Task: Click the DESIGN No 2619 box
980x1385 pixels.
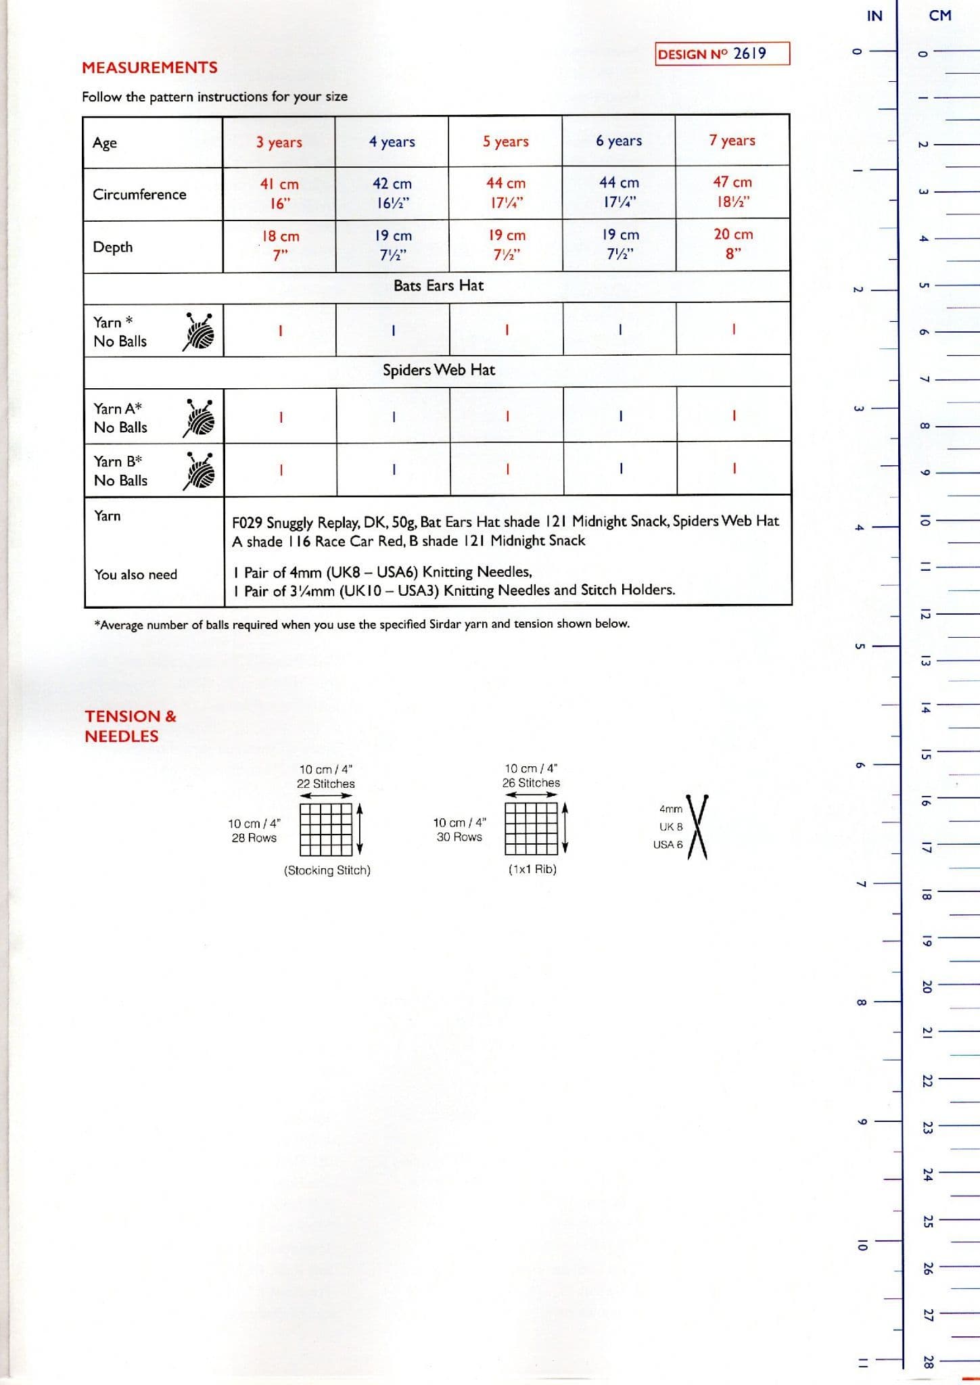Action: click(722, 53)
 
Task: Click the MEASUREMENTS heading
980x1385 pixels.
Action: click(149, 68)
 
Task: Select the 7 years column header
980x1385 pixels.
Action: click(732, 141)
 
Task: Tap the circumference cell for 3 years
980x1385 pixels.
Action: click(279, 193)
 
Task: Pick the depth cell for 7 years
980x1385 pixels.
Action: click(732, 244)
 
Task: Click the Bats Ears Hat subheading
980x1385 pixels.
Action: click(438, 286)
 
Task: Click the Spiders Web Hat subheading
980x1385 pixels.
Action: click(438, 370)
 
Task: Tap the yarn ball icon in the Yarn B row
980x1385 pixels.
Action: click(199, 471)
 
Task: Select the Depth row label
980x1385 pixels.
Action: click(113, 247)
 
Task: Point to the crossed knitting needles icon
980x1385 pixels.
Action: click(697, 826)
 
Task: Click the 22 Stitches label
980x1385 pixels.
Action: click(325, 784)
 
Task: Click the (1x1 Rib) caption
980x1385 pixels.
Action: click(532, 870)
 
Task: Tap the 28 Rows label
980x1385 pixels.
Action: click(254, 838)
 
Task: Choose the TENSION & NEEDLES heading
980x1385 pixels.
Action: click(130, 726)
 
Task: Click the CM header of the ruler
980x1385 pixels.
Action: click(940, 16)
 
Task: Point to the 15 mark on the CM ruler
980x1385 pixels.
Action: click(926, 755)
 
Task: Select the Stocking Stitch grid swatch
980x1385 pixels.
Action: click(326, 829)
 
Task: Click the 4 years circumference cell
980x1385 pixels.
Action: click(392, 193)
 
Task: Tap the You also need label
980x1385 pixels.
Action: click(135, 575)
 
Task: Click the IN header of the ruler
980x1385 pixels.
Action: click(874, 16)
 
